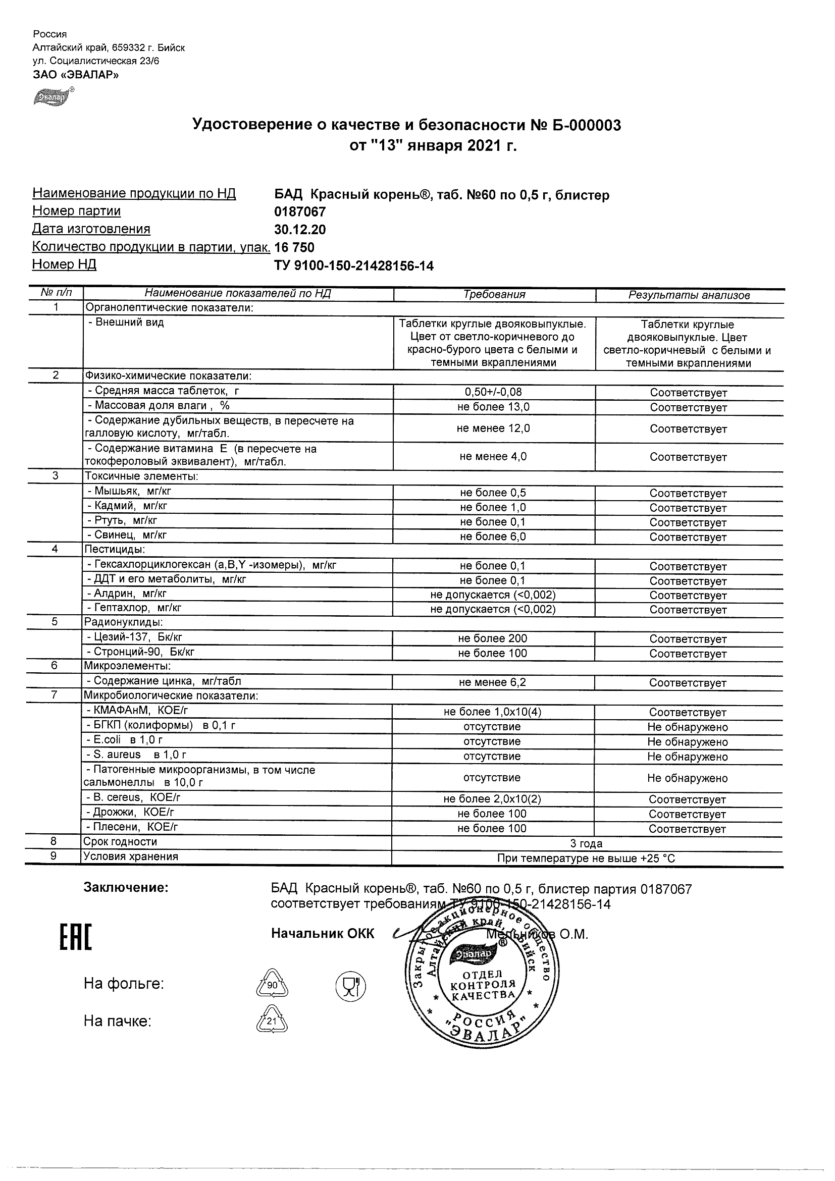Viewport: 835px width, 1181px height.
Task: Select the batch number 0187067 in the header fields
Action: pos(300,212)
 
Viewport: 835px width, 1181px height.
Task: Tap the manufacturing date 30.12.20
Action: pos(300,230)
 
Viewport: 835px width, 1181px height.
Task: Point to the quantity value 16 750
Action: pos(294,247)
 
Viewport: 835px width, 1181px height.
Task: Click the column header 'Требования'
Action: pos(494,295)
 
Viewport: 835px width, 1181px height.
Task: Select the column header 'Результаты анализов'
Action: pos(689,295)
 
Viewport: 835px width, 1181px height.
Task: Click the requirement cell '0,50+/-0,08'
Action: pos(493,392)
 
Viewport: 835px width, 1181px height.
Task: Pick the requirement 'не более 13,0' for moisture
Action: pos(493,407)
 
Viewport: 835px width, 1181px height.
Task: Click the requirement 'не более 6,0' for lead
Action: pos(493,536)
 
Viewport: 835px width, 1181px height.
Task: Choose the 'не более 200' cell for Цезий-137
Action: pos(492,638)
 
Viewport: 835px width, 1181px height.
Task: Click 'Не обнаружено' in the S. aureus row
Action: pos(688,757)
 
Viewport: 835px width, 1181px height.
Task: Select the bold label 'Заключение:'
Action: pos(126,887)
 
